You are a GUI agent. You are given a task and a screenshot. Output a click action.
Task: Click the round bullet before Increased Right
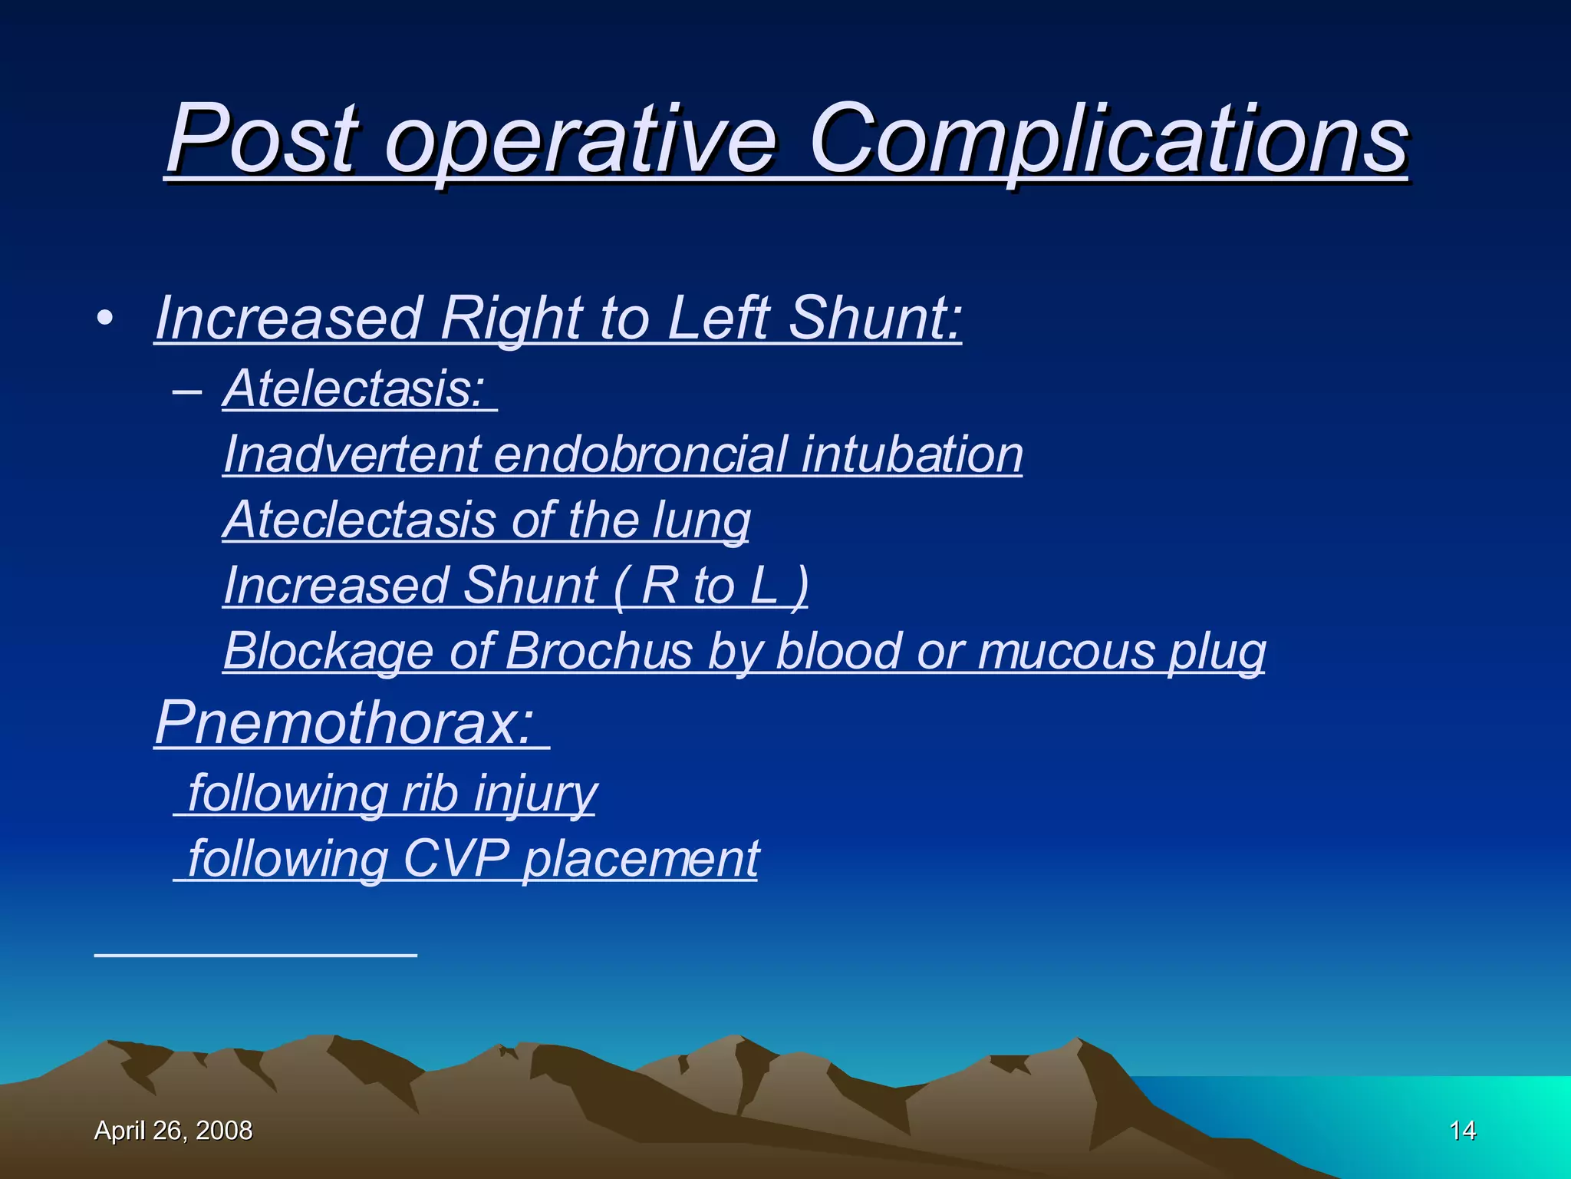[105, 318]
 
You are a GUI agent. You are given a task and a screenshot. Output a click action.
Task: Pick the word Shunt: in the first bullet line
[875, 318]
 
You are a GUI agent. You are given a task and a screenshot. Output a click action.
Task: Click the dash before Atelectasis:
[187, 390]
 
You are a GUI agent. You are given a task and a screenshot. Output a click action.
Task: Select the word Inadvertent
[351, 454]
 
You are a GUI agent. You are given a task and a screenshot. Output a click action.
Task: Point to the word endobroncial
[641, 454]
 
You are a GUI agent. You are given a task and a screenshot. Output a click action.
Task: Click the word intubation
[912, 454]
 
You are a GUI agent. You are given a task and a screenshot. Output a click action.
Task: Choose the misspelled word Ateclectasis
[359, 520]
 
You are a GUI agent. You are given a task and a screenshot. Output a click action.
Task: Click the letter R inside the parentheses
[660, 586]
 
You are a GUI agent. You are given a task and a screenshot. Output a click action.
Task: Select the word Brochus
[599, 652]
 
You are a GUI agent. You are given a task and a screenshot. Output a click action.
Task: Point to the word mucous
[1065, 652]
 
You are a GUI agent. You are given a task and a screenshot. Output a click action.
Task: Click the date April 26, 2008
[173, 1131]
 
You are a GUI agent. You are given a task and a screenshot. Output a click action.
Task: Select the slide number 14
[1462, 1131]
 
